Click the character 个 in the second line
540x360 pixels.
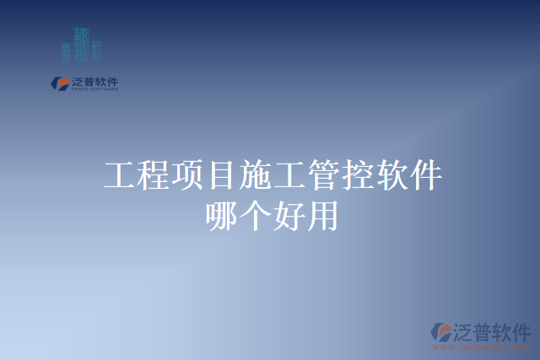[x=255, y=215]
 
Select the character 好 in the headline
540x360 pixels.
[x=289, y=215]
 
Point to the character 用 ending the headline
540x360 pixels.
[x=322, y=215]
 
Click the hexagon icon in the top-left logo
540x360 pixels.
[x=61, y=83]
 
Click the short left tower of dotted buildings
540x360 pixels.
[x=66, y=53]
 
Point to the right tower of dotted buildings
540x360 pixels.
[x=96, y=51]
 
